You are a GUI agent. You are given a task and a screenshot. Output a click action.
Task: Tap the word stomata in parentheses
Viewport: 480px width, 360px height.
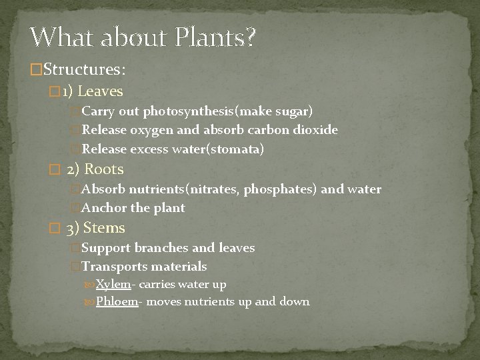[237, 150]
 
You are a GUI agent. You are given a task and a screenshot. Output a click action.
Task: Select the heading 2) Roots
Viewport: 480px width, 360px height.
[95, 169]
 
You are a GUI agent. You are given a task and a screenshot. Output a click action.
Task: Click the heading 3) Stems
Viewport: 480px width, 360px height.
[96, 228]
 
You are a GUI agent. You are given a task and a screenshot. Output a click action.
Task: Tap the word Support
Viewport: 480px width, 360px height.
[106, 248]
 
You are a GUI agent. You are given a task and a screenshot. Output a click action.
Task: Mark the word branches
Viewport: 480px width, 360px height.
[161, 248]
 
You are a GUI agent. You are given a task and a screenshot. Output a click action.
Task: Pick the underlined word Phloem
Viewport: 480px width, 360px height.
[117, 302]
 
